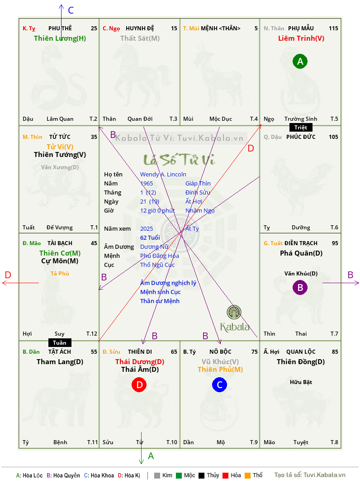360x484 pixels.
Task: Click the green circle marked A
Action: (x=300, y=62)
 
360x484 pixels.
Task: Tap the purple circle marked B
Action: (x=300, y=287)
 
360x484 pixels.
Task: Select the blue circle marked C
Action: (x=219, y=384)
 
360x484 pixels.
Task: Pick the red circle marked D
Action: (x=139, y=384)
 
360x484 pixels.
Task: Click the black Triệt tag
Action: (x=301, y=128)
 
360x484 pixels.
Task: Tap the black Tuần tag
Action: (x=60, y=342)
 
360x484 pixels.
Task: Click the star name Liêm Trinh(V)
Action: (x=301, y=38)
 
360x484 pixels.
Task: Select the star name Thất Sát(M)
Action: (x=140, y=38)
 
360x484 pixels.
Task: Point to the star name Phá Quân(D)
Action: (x=301, y=253)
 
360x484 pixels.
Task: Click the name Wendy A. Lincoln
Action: (x=163, y=175)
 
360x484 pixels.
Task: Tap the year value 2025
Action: (x=147, y=229)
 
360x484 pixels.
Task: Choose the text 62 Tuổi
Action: (x=150, y=237)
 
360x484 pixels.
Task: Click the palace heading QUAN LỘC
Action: (x=301, y=352)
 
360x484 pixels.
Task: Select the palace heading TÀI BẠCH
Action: (x=60, y=243)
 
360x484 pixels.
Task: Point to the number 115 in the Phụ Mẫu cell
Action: (x=333, y=28)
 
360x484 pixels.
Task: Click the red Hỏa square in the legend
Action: (x=225, y=475)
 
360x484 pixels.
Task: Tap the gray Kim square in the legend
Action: (x=157, y=475)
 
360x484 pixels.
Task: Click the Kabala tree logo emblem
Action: (x=234, y=312)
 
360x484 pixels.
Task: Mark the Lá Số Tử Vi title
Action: (x=179, y=160)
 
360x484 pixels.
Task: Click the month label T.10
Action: (x=172, y=442)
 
